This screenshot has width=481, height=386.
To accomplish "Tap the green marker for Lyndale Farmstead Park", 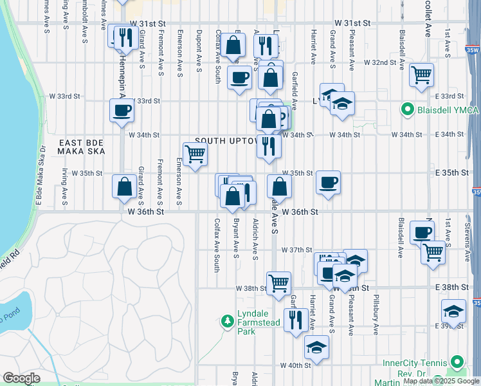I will click(x=226, y=320).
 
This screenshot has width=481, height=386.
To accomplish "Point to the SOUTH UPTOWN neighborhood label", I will click(x=226, y=140).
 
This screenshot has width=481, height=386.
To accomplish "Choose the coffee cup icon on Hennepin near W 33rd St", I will click(x=121, y=110).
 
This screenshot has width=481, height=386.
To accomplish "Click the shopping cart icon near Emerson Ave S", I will click(x=194, y=153).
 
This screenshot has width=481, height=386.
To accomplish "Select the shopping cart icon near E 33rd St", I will click(x=421, y=74).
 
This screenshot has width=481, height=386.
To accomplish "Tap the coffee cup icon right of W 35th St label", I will click(x=329, y=183).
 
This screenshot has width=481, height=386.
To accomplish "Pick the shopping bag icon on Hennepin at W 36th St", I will click(x=123, y=187).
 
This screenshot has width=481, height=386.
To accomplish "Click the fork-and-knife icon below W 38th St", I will click(x=295, y=318).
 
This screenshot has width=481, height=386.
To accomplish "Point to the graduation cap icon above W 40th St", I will click(x=316, y=348).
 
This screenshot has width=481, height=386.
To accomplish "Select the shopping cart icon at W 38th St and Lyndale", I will click(x=278, y=282).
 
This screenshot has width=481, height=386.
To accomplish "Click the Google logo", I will click(x=21, y=378).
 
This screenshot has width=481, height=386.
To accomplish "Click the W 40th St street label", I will click(x=295, y=365).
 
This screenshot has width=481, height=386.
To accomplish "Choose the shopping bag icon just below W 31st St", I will click(x=234, y=45).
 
